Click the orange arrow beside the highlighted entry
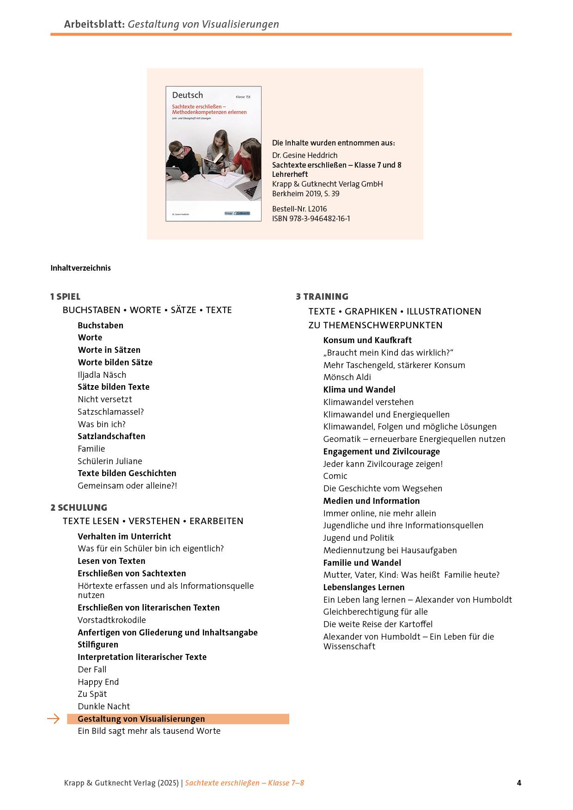(54, 719)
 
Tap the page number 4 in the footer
(519, 783)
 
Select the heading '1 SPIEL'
(65, 296)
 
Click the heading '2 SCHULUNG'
(79, 508)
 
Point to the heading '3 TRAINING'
(322, 296)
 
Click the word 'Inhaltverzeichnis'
(80, 268)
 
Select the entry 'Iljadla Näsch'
(102, 375)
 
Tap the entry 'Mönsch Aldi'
(347, 377)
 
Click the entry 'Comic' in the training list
(335, 476)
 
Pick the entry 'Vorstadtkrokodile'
(111, 620)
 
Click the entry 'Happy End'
(98, 682)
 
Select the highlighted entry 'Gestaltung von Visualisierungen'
(141, 719)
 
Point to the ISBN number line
(311, 218)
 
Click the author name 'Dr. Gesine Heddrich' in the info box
(305, 155)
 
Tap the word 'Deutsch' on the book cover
(187, 95)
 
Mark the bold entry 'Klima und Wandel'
(359, 390)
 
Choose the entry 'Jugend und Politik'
(358, 538)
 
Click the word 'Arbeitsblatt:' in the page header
(94, 24)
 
